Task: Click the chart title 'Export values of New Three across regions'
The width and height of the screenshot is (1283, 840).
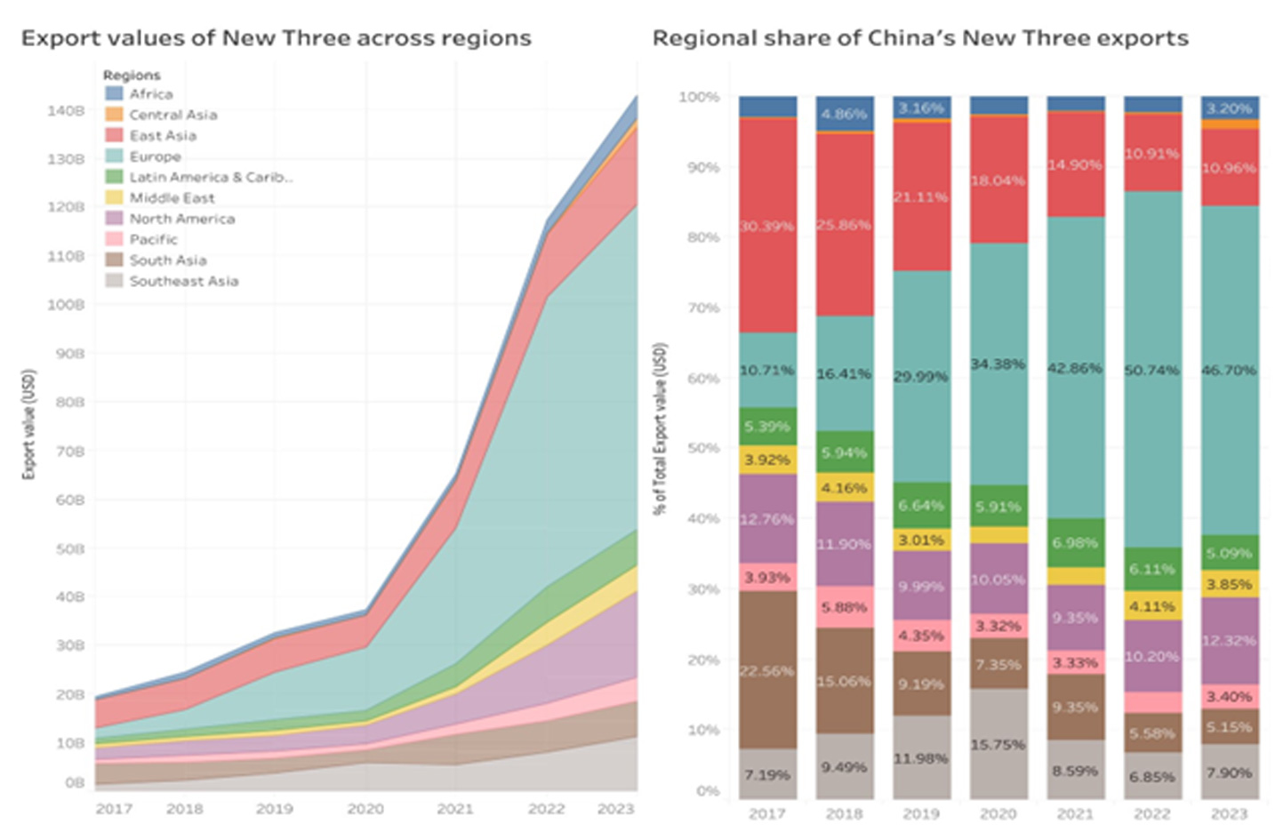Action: point(276,38)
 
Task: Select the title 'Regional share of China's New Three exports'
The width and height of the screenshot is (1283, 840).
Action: point(920,38)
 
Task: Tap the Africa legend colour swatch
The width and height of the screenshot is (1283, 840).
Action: point(114,93)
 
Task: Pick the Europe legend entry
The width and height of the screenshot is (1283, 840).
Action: point(155,156)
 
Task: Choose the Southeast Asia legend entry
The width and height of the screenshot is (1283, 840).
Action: point(183,281)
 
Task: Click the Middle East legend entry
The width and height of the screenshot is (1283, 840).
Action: point(172,198)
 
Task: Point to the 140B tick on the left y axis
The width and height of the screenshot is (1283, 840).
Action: point(66,111)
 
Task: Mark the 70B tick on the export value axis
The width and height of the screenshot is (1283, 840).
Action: point(69,451)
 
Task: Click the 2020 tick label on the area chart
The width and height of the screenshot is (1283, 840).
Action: point(365,809)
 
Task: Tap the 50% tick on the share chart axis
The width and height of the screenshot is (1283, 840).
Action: point(702,448)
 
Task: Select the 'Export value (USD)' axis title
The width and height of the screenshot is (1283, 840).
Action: point(29,424)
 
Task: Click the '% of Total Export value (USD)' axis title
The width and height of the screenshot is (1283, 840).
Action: point(660,428)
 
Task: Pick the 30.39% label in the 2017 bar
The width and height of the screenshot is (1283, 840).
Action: point(767,226)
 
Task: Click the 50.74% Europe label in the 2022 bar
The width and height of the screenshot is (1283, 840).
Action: point(1152,369)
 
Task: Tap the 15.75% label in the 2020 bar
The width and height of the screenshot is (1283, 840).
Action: point(998,745)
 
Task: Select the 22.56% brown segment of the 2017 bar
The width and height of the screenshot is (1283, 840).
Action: point(767,671)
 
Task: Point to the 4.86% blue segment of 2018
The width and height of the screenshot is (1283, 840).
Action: point(844,114)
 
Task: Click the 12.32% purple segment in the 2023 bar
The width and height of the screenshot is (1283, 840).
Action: point(1229,640)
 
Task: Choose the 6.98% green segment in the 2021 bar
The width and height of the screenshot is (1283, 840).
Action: point(1075,542)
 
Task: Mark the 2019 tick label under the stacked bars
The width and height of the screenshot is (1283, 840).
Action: point(921,813)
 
